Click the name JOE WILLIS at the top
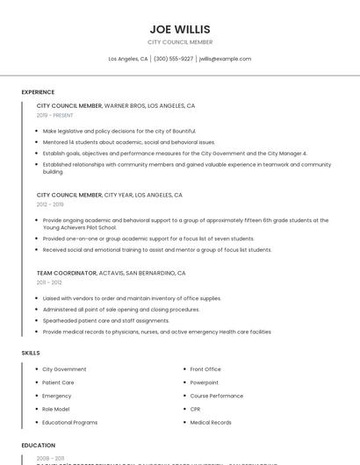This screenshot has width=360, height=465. click(180, 29)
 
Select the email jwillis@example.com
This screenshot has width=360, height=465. click(225, 59)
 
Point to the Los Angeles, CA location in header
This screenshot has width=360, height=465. click(128, 59)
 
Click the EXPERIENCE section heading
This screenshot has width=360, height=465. click(38, 92)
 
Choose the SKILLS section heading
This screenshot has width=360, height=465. click(31, 353)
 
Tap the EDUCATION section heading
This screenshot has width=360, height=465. click(39, 446)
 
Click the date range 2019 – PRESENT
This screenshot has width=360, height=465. click(55, 115)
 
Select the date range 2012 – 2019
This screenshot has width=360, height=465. click(50, 204)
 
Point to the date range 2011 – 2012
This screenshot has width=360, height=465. click(49, 283)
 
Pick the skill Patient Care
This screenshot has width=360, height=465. click(58, 383)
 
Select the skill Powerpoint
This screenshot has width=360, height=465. click(205, 383)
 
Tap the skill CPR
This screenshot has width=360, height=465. click(196, 409)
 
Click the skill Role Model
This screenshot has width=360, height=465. click(56, 409)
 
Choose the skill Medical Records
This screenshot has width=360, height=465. click(211, 422)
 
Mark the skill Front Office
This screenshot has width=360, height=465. click(205, 369)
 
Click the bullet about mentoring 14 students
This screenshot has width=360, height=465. click(128, 141)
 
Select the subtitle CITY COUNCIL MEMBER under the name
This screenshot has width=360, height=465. click(180, 42)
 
